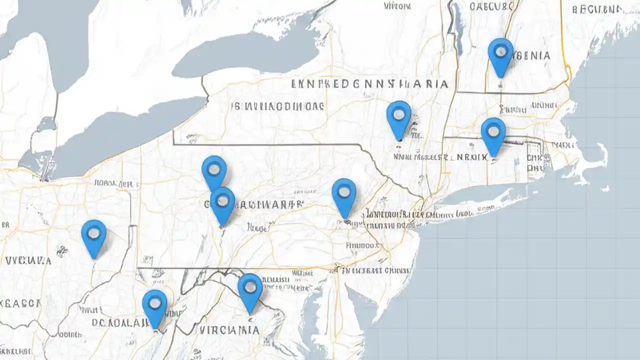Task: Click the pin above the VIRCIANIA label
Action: click(x=250, y=287)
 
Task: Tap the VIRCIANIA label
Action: click(x=229, y=330)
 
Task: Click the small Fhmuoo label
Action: click(x=362, y=245)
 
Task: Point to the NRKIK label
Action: click(x=472, y=157)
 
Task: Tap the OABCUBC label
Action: click(x=491, y=6)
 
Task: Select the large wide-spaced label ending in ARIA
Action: click(x=369, y=84)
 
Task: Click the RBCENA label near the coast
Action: click(x=597, y=9)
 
